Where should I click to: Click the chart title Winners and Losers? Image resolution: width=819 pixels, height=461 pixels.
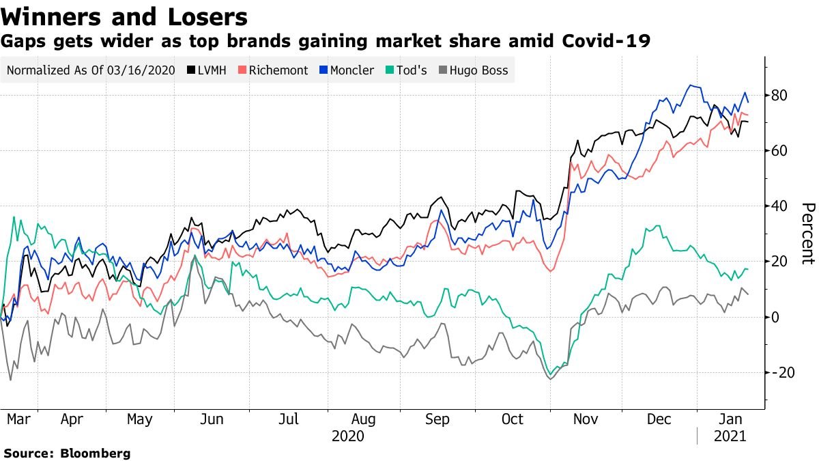click(124, 16)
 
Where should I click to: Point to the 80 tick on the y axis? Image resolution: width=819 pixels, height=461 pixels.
click(780, 95)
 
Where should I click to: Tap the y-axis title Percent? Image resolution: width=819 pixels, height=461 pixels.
click(807, 233)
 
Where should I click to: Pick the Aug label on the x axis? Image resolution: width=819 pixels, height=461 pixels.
click(363, 419)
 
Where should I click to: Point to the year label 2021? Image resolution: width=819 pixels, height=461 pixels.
click(729, 436)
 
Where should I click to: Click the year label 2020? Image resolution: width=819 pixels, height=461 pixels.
click(347, 436)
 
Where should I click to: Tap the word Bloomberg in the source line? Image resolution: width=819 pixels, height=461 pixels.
click(96, 453)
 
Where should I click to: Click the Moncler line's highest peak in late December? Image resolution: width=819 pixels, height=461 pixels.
click(691, 85)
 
